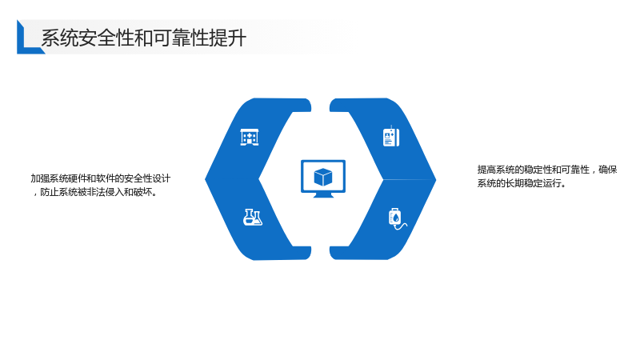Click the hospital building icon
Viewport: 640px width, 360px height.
tap(250, 137)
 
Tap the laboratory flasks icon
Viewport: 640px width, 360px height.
tap(253, 217)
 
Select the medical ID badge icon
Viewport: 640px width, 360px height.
tap(391, 137)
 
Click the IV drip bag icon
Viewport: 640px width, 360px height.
tap(397, 219)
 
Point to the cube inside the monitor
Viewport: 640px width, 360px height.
tap(323, 177)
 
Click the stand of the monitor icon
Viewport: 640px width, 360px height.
tap(323, 195)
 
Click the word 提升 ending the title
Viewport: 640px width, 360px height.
tap(228, 38)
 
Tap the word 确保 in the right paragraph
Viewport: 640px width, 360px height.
tap(608, 170)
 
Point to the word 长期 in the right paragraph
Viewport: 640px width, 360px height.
tap(515, 183)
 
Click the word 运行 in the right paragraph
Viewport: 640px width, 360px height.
tap(552, 183)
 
